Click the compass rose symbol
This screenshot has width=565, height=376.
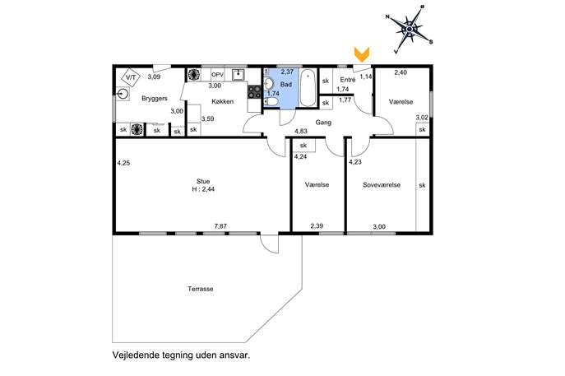pos(410,29)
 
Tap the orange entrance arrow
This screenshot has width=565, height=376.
pos(361,54)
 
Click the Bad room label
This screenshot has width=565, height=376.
pos(285,85)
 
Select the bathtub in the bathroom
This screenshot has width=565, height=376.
pos(308,88)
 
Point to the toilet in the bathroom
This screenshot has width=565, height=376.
pos(271,103)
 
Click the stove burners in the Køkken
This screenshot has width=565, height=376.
pos(254,91)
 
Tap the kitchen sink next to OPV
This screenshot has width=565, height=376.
pos(239,75)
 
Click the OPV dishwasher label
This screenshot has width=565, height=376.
pos(217,75)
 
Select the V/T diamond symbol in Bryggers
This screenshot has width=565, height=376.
pos(131,77)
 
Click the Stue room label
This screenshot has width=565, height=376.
pos(203,181)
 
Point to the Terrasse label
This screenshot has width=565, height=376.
pos(201,289)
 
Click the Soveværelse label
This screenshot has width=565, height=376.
pos(382,185)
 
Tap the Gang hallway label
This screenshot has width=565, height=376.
pos(323,123)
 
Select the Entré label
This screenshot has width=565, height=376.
pos(348,80)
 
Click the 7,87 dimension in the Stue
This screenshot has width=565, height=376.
pos(220,226)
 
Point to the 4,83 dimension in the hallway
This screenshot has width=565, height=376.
pos(301,131)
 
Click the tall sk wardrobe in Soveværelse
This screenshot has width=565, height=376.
pos(423,184)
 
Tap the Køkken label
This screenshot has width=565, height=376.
pos(222,102)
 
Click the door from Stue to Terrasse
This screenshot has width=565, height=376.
pos(270,244)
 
